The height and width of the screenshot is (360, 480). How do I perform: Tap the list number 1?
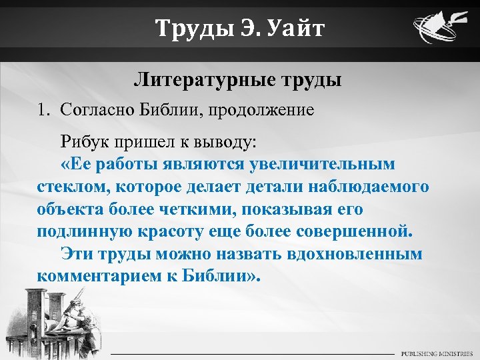[42, 109]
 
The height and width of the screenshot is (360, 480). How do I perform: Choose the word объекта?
[68, 209]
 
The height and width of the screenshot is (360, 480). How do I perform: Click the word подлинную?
[79, 231]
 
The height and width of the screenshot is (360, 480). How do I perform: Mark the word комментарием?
[95, 276]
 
